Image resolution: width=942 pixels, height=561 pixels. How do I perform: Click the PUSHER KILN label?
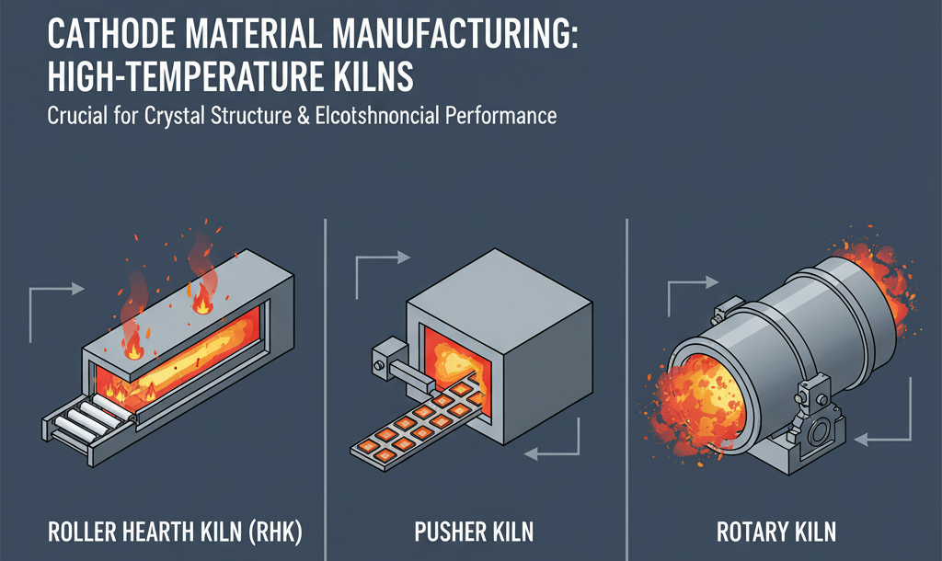[476, 532]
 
